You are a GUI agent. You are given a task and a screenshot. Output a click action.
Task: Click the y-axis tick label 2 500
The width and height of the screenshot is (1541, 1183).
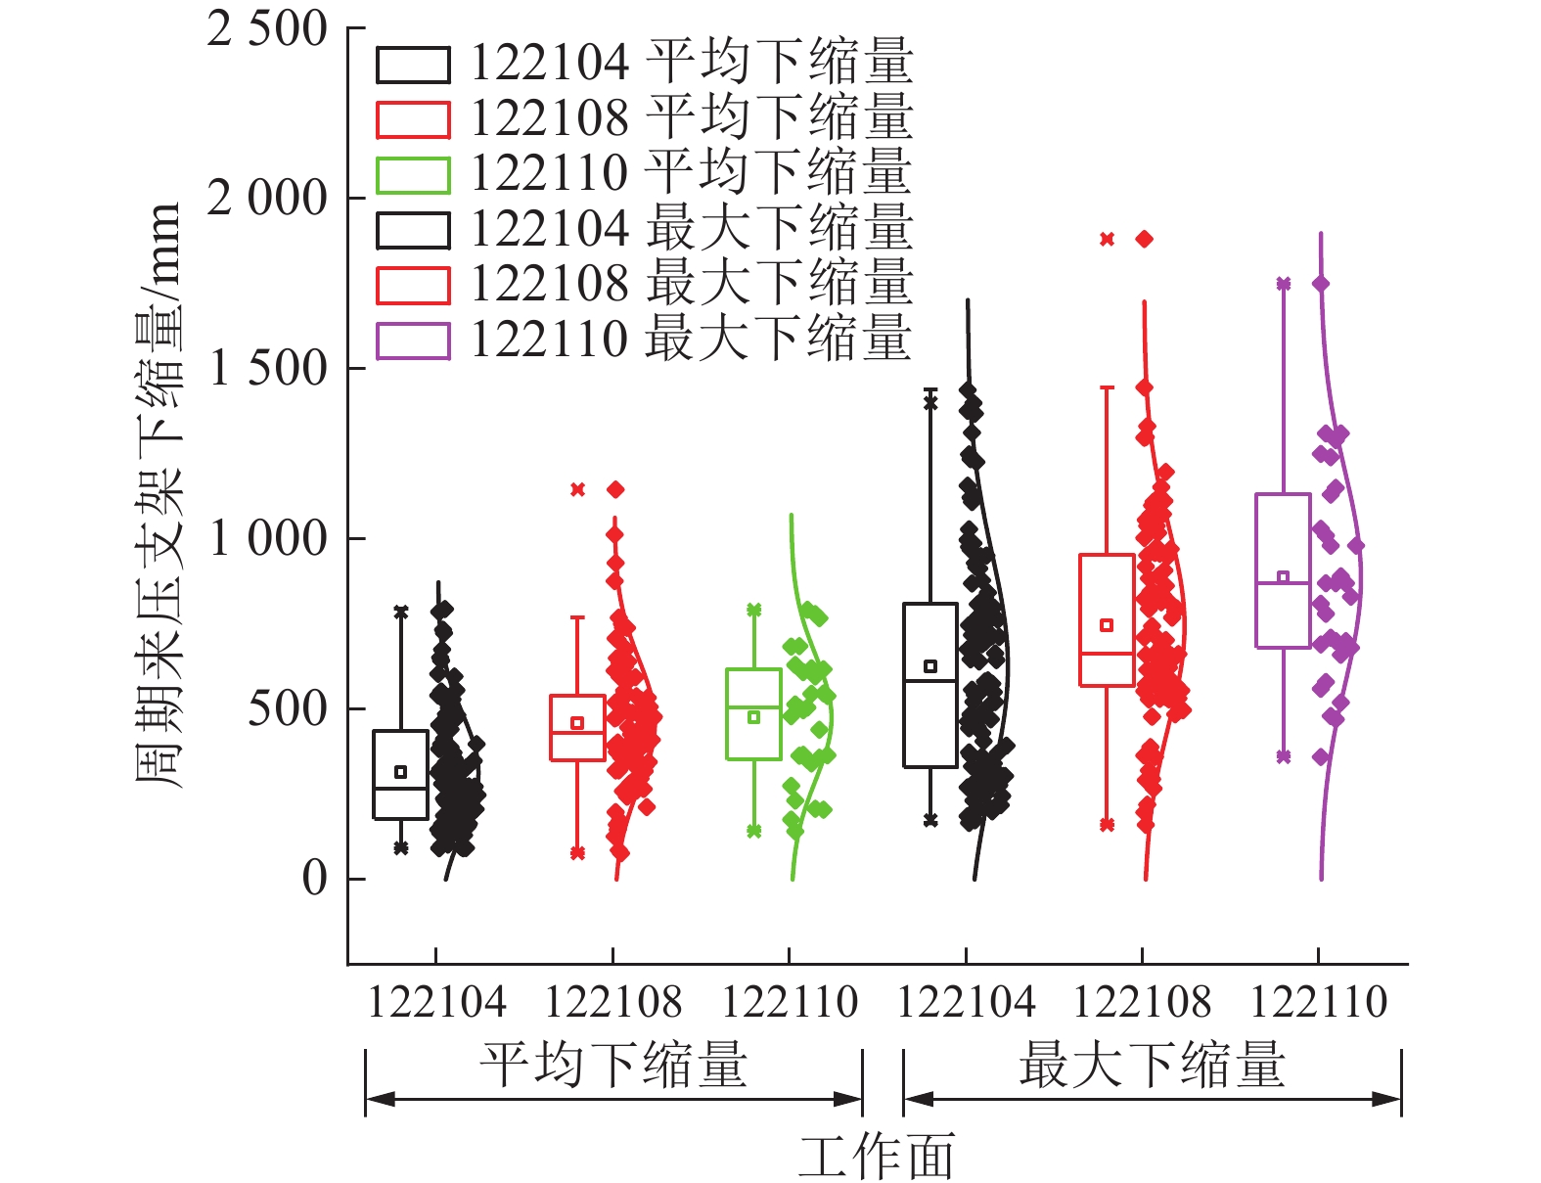click(266, 29)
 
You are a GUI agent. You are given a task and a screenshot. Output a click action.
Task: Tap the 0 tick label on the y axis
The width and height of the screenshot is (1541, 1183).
click(314, 879)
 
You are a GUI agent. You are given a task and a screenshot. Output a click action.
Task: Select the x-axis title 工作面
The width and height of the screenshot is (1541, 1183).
click(876, 1157)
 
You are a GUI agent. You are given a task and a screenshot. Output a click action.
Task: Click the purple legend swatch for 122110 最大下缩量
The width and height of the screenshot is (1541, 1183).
click(413, 341)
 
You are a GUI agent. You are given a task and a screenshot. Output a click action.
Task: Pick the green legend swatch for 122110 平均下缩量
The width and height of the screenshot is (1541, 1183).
click(413, 175)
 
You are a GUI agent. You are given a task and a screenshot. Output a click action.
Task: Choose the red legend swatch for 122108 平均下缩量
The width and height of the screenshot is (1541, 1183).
click(413, 119)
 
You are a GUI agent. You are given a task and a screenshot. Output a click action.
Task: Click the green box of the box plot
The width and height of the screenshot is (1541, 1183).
click(753, 714)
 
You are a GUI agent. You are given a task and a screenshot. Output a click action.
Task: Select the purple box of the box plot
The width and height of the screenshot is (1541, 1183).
click(1283, 570)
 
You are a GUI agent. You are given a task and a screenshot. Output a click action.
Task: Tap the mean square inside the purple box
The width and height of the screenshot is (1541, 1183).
click(1283, 577)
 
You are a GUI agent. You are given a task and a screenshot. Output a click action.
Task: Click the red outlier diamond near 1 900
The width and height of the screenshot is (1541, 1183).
click(1144, 239)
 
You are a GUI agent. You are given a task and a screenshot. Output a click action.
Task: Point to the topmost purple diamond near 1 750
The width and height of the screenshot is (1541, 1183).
click(1320, 284)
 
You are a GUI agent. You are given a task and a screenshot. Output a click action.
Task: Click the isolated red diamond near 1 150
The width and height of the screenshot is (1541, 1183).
click(615, 489)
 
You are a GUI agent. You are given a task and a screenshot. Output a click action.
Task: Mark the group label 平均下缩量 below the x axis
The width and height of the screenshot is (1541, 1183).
click(613, 1066)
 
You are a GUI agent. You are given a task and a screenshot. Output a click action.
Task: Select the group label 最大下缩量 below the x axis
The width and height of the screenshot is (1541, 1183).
click(1152, 1066)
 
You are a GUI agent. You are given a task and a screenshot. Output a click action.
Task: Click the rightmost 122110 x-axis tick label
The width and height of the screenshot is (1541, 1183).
click(1319, 1002)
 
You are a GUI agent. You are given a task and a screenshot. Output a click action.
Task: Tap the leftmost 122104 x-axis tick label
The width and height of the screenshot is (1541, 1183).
click(436, 1002)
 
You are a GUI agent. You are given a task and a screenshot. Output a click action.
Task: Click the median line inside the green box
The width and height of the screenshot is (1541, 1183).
click(753, 706)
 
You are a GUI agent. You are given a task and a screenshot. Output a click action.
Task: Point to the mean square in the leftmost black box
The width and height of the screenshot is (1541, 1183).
click(400, 772)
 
